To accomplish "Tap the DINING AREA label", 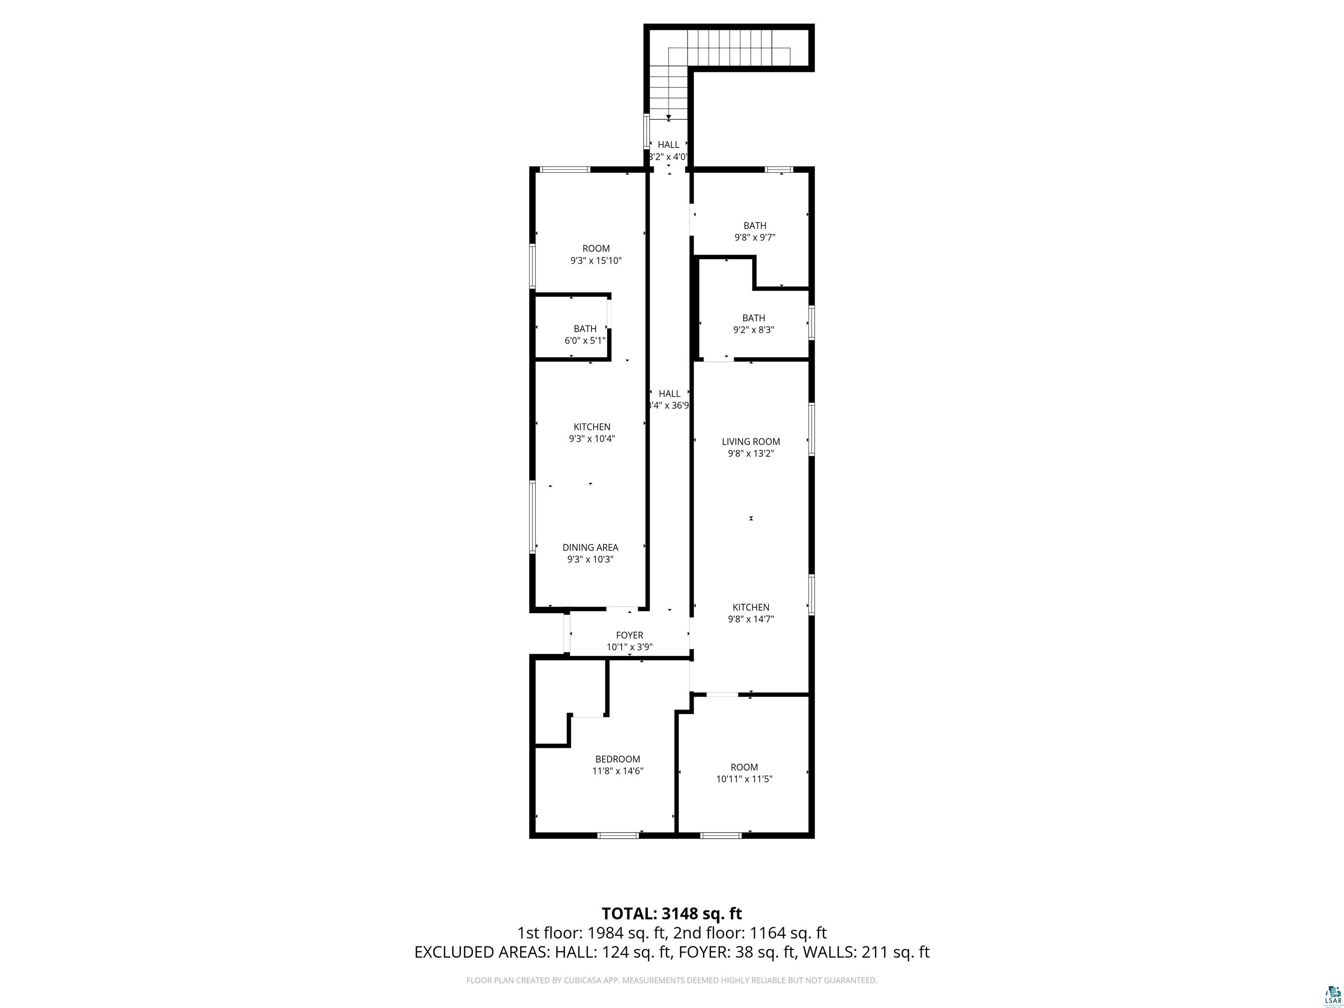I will coord(590,547).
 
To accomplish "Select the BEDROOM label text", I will coord(617,759).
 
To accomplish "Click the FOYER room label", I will coord(630,635).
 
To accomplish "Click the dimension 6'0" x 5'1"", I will coord(585,341).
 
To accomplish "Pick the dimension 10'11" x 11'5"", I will coord(744,779).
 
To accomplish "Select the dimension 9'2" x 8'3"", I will coord(753,330).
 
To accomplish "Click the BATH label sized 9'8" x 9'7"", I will coord(755,225).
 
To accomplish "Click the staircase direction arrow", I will coord(668,117).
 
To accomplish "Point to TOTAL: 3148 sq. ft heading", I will coord(672,913).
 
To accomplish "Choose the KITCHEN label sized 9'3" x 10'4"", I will coord(592,427).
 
